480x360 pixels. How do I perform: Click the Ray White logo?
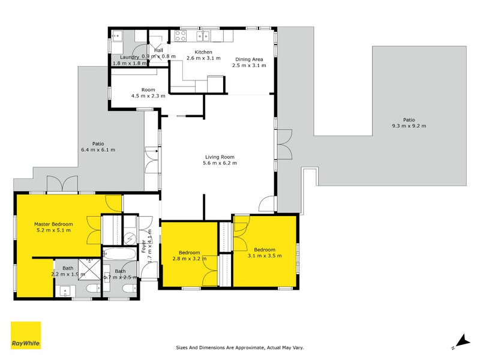point(26,335)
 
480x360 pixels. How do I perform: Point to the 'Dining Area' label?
point(248,59)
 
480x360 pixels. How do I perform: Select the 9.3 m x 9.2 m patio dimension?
point(409,126)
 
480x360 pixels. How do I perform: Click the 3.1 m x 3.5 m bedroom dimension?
point(264,256)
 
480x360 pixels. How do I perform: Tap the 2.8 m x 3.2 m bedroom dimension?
point(190,259)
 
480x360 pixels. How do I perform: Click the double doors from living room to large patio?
point(284,144)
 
